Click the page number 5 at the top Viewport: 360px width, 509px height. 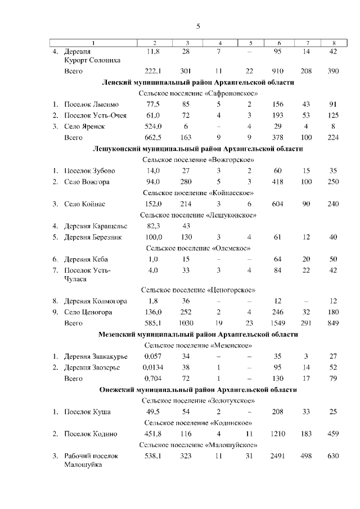tap(198, 26)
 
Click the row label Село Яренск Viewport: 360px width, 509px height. tap(85, 127)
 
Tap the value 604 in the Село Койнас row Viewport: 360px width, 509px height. tap(277, 204)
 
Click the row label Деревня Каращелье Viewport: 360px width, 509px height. tap(96, 226)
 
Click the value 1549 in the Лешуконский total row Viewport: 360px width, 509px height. tap(277, 323)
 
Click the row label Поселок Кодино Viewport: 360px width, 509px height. tap(91, 434)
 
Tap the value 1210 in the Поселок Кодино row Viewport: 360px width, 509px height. tap(277, 434)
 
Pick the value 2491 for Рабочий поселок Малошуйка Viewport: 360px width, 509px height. tap(277, 456)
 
